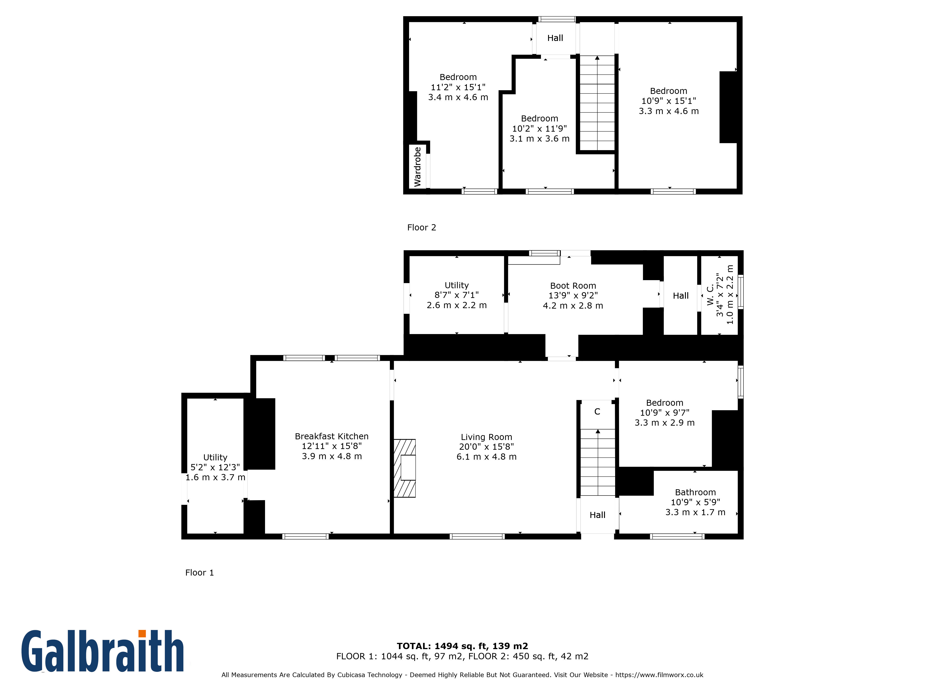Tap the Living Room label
pyautogui.click(x=486, y=437)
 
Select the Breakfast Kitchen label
pyautogui.click(x=332, y=436)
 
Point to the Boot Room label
pyautogui.click(x=573, y=286)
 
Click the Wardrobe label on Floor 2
pyautogui.click(x=417, y=167)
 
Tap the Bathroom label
pyautogui.click(x=695, y=492)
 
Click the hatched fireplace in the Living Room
pyautogui.click(x=404, y=468)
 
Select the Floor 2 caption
pyautogui.click(x=422, y=228)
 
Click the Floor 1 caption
pyautogui.click(x=200, y=573)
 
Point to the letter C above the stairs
pyautogui.click(x=597, y=412)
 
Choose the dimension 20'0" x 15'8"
pyautogui.click(x=486, y=447)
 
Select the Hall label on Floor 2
pyautogui.click(x=555, y=38)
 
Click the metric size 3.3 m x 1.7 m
pyautogui.click(x=695, y=512)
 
